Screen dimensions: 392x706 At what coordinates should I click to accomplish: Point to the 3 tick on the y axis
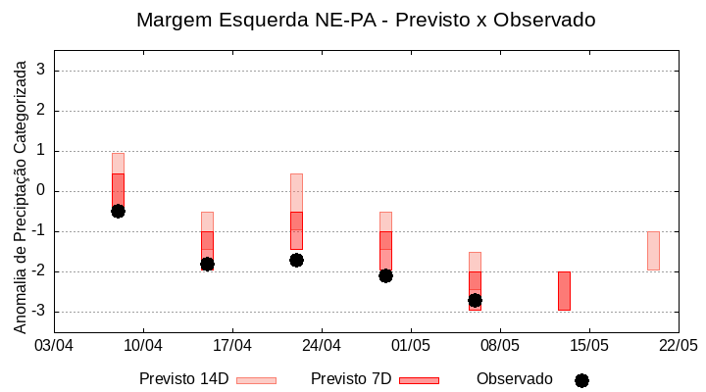click(x=41, y=71)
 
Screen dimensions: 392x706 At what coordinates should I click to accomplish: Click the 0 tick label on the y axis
click(x=41, y=191)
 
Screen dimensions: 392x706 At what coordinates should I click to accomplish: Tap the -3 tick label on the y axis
click(x=38, y=312)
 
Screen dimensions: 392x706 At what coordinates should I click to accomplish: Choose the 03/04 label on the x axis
click(x=54, y=345)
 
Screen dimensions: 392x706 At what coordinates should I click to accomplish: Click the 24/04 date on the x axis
click(x=322, y=345)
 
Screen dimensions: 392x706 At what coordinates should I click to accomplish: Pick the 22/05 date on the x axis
click(x=678, y=345)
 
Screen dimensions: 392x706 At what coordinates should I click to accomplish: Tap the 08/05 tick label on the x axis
click(x=499, y=345)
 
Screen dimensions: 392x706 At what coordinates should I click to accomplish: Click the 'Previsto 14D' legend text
click(x=183, y=379)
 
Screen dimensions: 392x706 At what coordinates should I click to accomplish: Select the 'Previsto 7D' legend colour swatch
click(x=419, y=380)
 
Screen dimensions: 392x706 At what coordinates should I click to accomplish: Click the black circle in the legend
click(x=581, y=380)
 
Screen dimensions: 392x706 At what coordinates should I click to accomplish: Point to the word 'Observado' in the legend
click(x=515, y=379)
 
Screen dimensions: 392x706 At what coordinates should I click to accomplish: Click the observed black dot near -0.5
click(x=118, y=211)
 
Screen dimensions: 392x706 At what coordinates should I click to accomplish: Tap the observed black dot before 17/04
click(x=207, y=264)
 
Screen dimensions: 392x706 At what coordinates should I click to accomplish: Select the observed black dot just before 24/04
click(x=296, y=260)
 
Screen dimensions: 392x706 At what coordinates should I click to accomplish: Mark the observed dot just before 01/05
click(x=385, y=275)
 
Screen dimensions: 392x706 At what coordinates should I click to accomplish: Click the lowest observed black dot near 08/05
click(x=475, y=300)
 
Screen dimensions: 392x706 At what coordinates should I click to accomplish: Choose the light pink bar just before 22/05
click(x=653, y=251)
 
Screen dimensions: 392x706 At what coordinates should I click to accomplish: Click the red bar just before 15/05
click(x=564, y=291)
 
